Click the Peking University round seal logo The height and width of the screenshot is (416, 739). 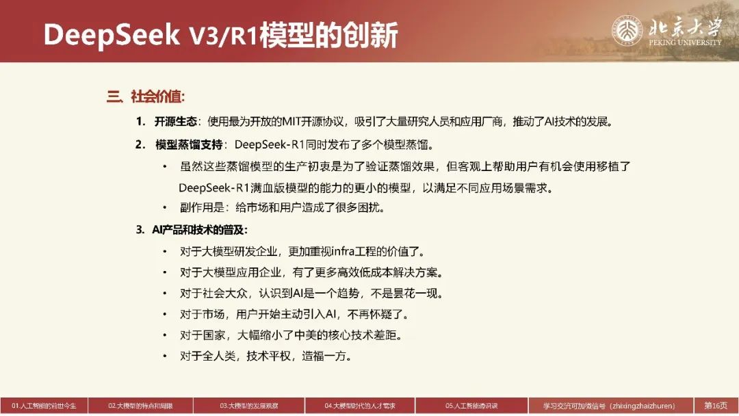click(627, 31)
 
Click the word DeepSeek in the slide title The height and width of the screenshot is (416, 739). click(112, 36)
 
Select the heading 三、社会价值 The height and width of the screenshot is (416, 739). click(146, 96)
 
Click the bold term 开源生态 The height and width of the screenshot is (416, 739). click(175, 122)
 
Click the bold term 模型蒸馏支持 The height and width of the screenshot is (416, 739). click(189, 144)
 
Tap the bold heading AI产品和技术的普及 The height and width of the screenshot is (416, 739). click(199, 230)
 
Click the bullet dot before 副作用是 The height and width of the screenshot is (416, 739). click(164, 207)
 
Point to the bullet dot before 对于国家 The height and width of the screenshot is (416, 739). click(164, 335)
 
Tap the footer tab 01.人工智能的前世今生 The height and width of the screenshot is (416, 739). click(44, 406)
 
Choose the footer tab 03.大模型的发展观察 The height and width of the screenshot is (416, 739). click(249, 406)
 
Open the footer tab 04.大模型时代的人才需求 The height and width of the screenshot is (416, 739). click(360, 406)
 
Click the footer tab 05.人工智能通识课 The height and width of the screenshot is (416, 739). click(471, 406)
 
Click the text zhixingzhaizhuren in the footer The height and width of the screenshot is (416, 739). click(643, 406)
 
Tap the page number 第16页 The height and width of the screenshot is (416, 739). click(716, 406)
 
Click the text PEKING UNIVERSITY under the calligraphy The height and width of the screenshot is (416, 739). click(685, 42)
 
